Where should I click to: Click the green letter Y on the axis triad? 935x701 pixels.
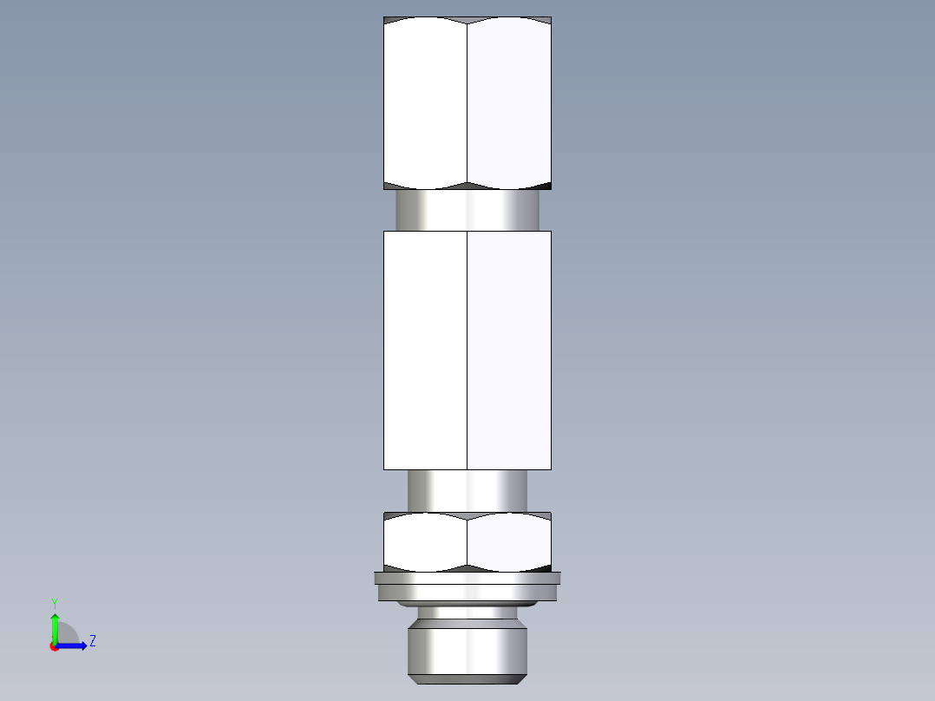pos(54,602)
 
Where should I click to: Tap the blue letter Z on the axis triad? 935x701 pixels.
pos(92,641)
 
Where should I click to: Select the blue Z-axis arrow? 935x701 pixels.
pos(74,645)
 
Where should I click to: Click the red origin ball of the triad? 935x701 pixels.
pos(55,646)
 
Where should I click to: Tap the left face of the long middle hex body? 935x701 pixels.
pos(425,350)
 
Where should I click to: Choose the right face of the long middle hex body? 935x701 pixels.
pos(509,350)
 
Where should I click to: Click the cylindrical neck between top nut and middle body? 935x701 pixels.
pos(467,210)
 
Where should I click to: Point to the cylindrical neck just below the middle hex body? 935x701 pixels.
pos(467,490)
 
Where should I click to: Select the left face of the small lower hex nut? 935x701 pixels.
pos(425,542)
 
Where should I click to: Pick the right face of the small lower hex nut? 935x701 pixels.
pos(509,542)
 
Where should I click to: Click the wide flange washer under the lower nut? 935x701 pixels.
pos(467,587)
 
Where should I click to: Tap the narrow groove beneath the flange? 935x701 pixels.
pos(467,613)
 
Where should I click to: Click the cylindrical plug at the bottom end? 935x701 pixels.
pos(467,646)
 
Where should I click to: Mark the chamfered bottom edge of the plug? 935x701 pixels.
pos(467,677)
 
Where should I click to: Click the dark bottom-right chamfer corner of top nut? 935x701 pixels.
pos(546,186)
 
